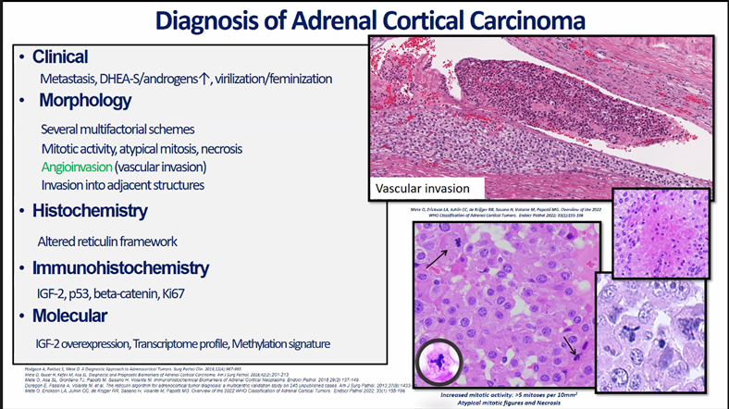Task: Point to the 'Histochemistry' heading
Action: [x=90, y=211]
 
